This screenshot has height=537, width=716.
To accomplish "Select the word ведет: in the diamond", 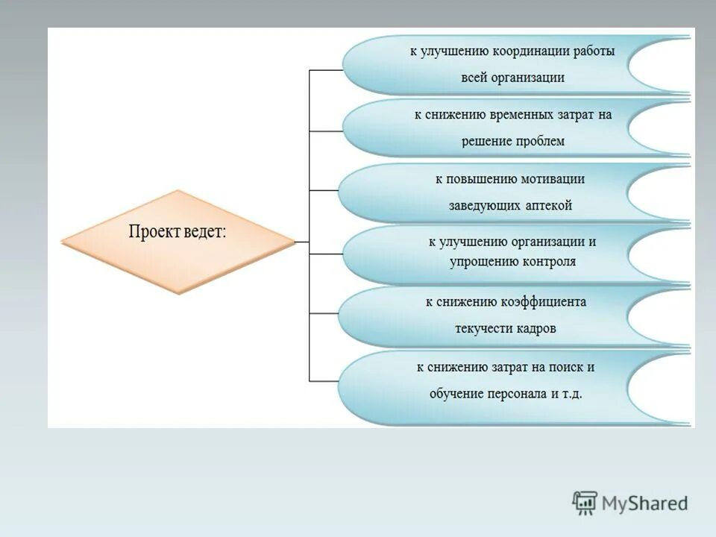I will [x=202, y=231].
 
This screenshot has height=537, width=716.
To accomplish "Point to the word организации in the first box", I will [x=528, y=77].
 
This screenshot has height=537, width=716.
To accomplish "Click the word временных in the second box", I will [x=521, y=115].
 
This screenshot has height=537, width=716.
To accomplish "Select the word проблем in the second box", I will [x=539, y=141].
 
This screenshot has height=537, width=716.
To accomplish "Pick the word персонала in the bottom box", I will [x=518, y=393].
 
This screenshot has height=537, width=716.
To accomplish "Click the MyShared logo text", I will [x=644, y=503].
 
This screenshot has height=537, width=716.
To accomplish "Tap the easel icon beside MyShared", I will [x=585, y=503].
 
